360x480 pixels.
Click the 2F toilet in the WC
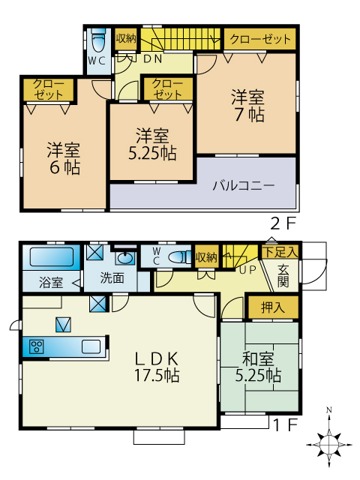98,40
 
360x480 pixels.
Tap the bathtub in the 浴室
52,256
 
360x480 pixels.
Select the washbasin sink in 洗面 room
125,258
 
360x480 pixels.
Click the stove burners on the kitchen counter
37,346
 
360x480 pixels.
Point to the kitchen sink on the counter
91,346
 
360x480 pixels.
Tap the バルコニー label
244,185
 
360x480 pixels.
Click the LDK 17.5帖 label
157,367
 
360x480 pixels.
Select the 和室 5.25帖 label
258,367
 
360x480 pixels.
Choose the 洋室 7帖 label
248,106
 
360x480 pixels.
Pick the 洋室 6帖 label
64,158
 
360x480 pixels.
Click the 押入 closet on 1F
273,307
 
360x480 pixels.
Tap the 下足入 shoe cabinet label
280,252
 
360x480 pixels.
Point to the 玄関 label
283,275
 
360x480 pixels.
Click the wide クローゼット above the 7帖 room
260,39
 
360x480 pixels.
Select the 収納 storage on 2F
126,39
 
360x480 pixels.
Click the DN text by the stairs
153,58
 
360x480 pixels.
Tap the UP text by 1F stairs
247,270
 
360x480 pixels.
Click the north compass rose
329,442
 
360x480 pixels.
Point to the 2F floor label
283,224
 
